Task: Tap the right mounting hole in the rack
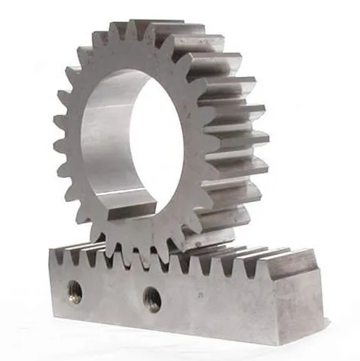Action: (x=152, y=297)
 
